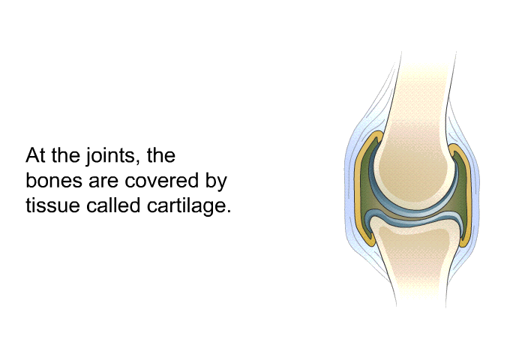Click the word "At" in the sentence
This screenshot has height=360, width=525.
pos(35,155)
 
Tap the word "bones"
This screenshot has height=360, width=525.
pos(54,180)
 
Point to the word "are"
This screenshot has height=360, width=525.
pos(103,182)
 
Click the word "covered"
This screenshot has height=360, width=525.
pos(162,180)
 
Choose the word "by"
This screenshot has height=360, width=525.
pos(217,181)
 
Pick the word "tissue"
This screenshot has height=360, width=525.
pos(53,205)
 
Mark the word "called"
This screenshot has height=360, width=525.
pos(113,205)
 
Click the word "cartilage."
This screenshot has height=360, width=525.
pos(189,205)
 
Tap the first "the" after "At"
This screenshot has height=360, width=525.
pos(66,155)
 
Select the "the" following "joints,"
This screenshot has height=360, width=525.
pos(161,155)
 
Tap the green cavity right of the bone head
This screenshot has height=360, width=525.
pos(463,187)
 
